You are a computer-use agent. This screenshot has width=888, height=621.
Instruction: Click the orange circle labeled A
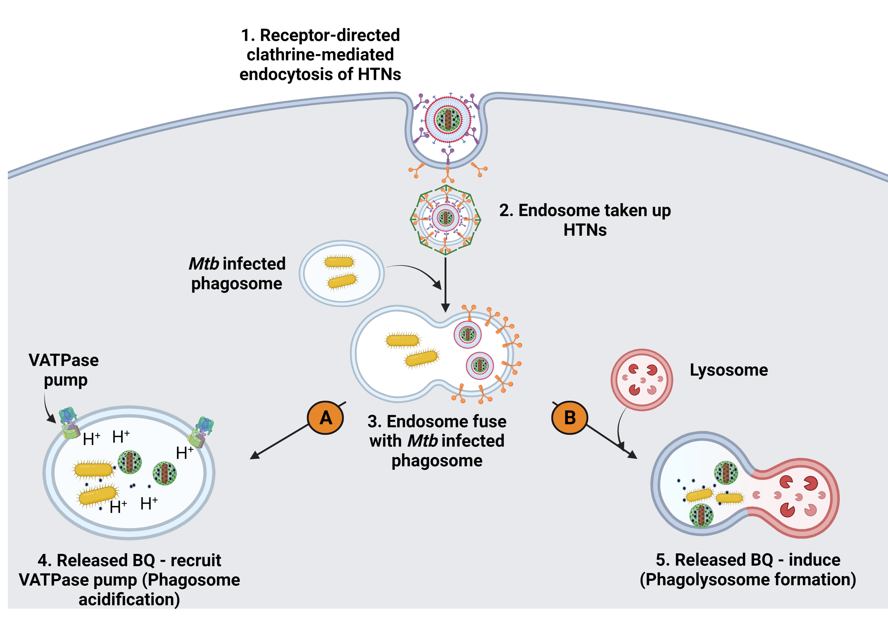pyautogui.click(x=325, y=418)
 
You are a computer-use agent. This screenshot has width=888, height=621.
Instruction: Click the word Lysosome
pyautogui.click(x=729, y=370)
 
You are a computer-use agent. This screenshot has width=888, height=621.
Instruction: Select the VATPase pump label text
pyautogui.click(x=64, y=370)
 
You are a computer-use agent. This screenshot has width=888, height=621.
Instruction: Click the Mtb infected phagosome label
pyautogui.click(x=237, y=273)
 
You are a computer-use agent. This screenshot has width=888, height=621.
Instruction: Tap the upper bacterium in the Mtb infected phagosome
pyautogui.click(x=339, y=262)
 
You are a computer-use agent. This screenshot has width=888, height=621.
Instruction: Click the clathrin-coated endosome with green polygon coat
pyautogui.click(x=445, y=219)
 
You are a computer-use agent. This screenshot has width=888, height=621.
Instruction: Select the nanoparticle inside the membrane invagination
pyautogui.click(x=448, y=119)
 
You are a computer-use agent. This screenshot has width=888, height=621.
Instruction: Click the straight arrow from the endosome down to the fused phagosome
pyautogui.click(x=445, y=282)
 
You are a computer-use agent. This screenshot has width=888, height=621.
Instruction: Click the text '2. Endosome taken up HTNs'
pyautogui.click(x=585, y=220)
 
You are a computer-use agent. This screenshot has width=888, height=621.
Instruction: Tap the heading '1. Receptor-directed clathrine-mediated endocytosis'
pyautogui.click(x=320, y=54)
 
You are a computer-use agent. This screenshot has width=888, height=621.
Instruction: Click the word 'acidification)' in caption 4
pyautogui.click(x=129, y=599)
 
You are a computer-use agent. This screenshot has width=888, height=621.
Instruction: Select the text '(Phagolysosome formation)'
pyautogui.click(x=748, y=580)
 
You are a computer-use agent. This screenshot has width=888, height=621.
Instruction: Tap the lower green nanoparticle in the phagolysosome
pyautogui.click(x=701, y=515)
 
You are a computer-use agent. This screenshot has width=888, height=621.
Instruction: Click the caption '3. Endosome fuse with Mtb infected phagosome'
pyautogui.click(x=437, y=441)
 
